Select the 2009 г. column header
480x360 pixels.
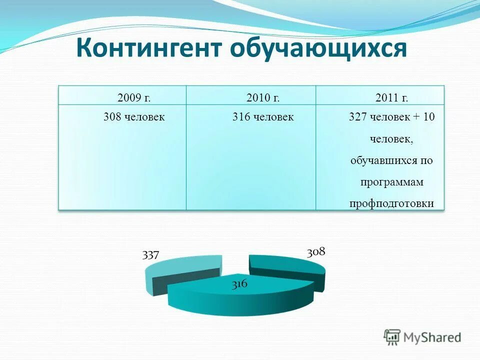tap(133, 97)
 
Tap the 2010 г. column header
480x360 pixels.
tap(262, 97)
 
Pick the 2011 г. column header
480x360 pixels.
tap(392, 97)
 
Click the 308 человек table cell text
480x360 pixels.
tap(133, 117)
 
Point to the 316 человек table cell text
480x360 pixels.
tap(262, 117)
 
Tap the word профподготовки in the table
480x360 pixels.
tap(392, 203)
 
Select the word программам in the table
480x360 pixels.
tap(392, 182)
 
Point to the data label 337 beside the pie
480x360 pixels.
tap(150, 255)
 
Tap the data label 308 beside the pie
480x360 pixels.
tap(316, 251)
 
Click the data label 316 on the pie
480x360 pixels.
tap(239, 284)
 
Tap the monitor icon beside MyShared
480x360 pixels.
tap(392, 336)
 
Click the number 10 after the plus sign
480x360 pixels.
tap(429, 117)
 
